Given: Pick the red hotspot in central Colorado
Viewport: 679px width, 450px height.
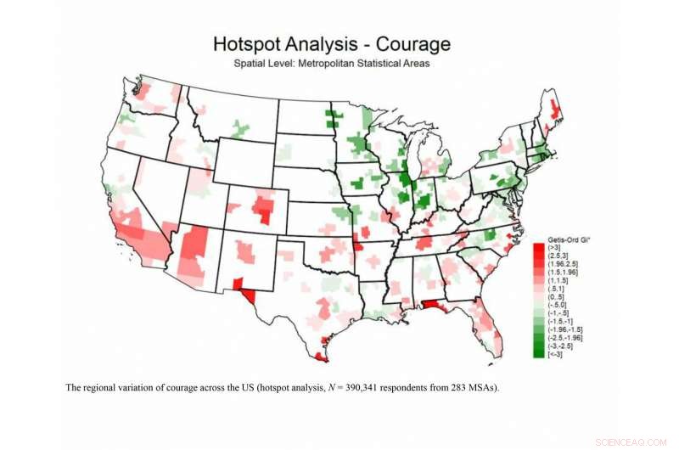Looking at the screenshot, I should tap(265, 207).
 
